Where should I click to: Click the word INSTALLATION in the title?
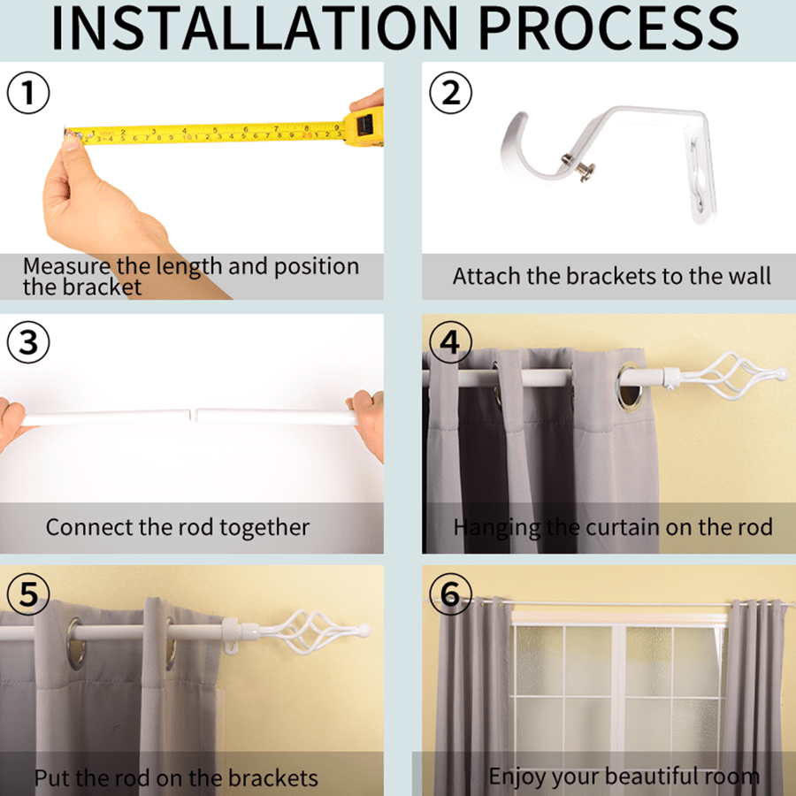coord(255,28)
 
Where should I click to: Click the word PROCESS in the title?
coord(608,28)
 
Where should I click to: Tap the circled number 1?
coord(28,93)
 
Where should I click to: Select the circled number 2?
coord(451,93)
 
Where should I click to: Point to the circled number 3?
coord(28,342)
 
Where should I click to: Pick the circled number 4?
coord(451,342)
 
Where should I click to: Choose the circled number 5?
coord(28,593)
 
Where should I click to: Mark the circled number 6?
coord(451,593)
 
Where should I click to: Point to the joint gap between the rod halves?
coord(193,414)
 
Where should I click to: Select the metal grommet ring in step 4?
coord(630,387)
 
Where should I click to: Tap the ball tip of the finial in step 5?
coord(364,631)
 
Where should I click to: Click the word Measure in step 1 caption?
coord(66,266)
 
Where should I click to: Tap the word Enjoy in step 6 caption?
coord(517,777)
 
